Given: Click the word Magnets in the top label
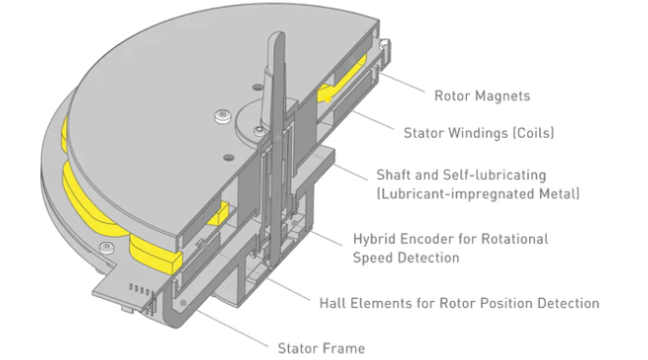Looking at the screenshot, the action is click(502, 96).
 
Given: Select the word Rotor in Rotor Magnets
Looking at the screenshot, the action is click(452, 96).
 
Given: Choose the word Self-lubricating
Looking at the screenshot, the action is click(495, 175).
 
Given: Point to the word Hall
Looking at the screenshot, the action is click(332, 303).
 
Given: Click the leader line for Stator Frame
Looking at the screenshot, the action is click(232, 329).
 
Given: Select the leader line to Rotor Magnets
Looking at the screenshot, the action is click(401, 83).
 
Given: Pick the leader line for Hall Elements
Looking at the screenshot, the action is click(288, 289).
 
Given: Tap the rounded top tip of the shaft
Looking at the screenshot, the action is click(276, 34).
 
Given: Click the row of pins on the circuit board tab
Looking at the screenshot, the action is click(140, 289).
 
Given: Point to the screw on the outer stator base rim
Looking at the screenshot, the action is click(106, 248).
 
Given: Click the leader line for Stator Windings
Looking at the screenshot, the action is click(374, 120).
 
